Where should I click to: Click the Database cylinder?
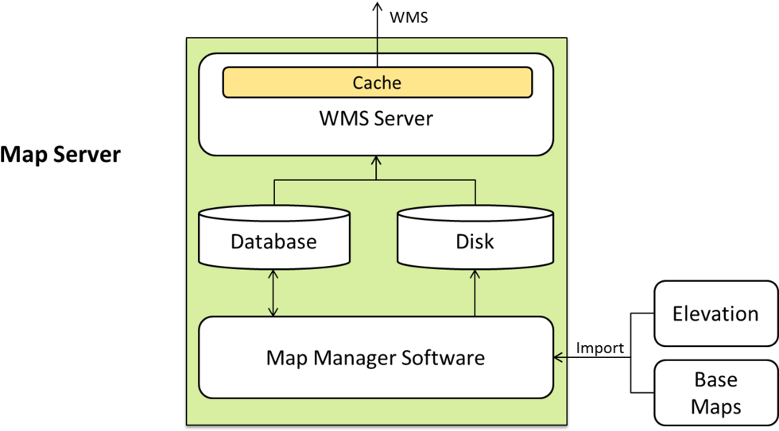tap(273, 238)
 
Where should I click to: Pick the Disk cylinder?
tap(475, 238)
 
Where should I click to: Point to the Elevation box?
tap(715, 314)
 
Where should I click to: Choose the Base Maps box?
tap(715, 393)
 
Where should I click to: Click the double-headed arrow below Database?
tap(273, 293)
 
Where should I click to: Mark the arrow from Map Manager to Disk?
tap(475, 293)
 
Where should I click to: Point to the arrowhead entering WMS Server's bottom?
tap(376, 161)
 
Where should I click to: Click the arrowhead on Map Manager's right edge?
tap(559, 357)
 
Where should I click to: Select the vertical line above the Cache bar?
tap(377, 51)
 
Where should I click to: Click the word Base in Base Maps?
tap(715, 380)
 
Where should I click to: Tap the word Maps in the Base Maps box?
tap(715, 407)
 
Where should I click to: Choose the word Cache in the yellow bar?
tap(377, 83)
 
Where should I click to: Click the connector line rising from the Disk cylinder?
tap(475, 193)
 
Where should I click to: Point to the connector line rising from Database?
tap(274, 193)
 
